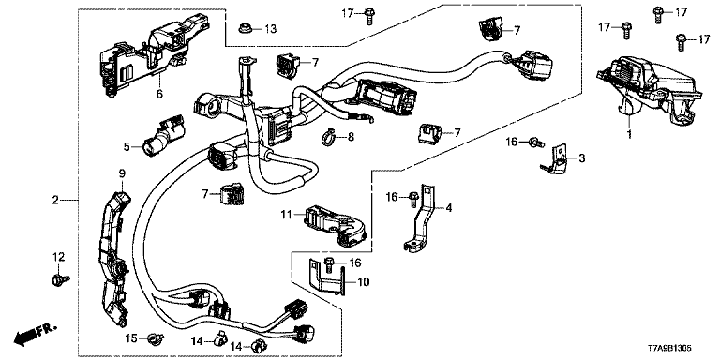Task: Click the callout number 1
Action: [630, 135]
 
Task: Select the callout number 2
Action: [55, 201]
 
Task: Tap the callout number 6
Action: [159, 94]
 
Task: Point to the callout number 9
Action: [122, 173]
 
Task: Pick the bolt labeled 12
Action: [60, 278]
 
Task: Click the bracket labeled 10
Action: [325, 277]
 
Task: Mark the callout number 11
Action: [287, 214]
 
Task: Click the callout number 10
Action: [363, 281]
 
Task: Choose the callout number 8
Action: [352, 136]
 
